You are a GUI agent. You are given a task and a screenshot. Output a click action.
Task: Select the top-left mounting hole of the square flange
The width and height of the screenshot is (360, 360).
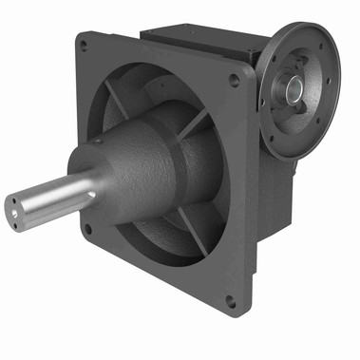pyautogui.click(x=85, y=45)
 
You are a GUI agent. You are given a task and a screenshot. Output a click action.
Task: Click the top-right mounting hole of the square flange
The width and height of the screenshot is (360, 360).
pyautogui.click(x=234, y=81)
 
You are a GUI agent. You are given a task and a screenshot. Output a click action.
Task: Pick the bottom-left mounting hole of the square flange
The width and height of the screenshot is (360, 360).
pyautogui.click(x=88, y=228)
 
